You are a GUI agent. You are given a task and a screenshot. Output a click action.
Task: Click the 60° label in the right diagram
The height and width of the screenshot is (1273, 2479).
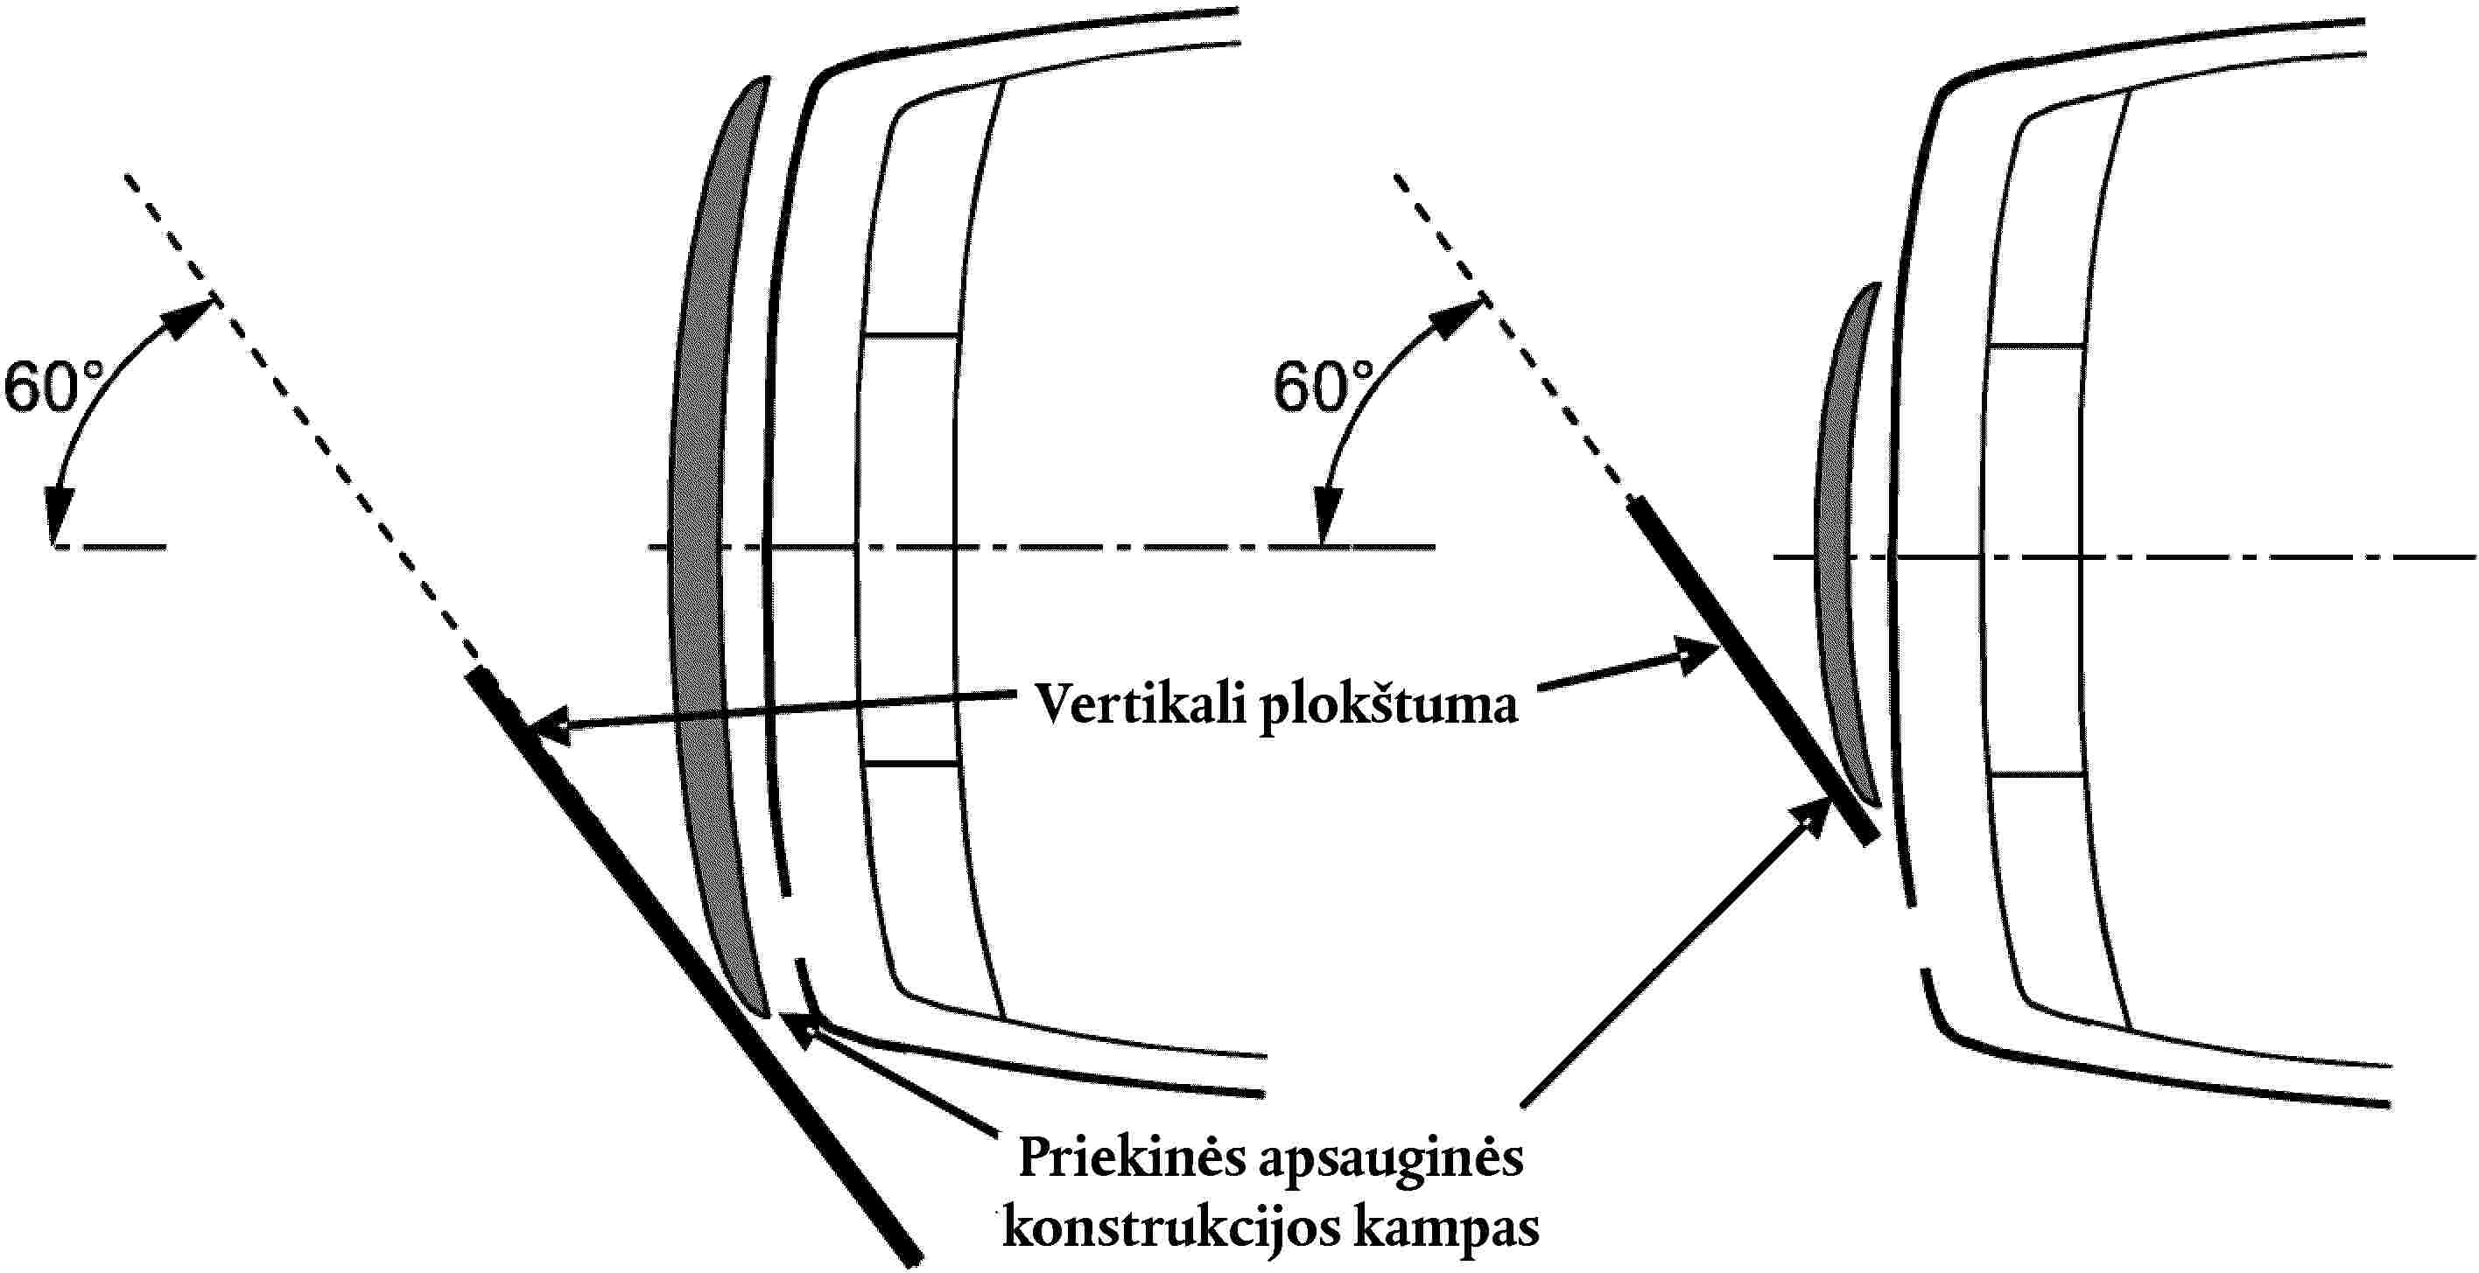click(x=1324, y=388)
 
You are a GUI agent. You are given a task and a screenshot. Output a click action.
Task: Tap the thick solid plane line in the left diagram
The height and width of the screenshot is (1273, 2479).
click(x=693, y=965)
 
